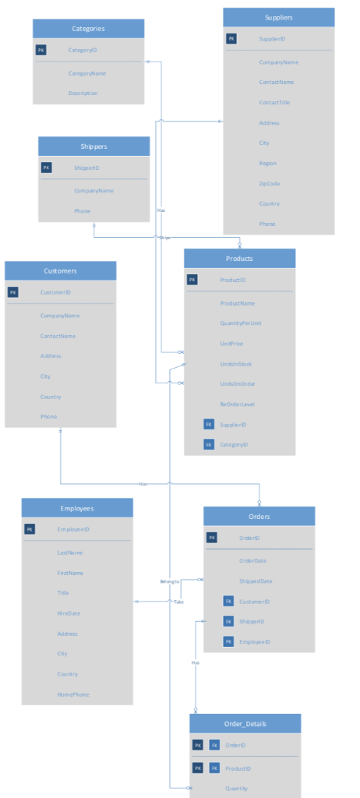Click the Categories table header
tap(88, 29)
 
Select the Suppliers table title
tap(278, 17)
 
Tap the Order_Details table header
tap(245, 724)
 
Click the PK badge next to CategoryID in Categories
tap(41, 50)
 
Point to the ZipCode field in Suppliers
tap(270, 184)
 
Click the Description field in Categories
tap(83, 94)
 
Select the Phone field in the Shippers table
tap(82, 211)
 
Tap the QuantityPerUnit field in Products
tap(240, 323)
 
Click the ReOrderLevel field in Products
tap(238, 404)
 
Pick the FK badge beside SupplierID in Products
tap(208, 425)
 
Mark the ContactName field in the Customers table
tap(58, 336)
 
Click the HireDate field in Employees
tap(68, 613)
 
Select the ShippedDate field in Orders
tap(256, 581)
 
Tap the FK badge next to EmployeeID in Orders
tap(228, 642)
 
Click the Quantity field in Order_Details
tap(237, 788)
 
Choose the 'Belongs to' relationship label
tap(169, 581)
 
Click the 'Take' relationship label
tap(178, 602)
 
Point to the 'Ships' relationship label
tap(165, 238)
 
